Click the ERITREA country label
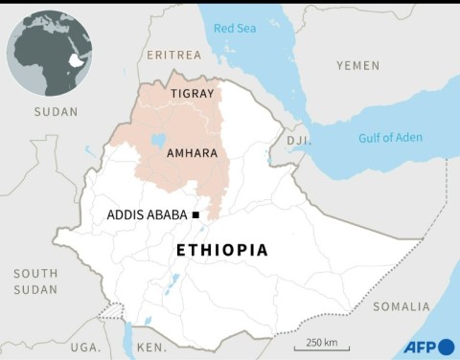click(x=174, y=55)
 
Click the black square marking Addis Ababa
click(x=195, y=215)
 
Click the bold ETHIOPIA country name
click(x=222, y=250)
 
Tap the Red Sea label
click(x=236, y=29)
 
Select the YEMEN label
click(x=357, y=65)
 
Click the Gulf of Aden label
click(x=390, y=138)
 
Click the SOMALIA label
click(x=402, y=306)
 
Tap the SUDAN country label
click(x=56, y=112)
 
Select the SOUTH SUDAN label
click(x=35, y=281)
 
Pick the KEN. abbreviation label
click(x=150, y=346)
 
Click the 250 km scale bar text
click(x=321, y=342)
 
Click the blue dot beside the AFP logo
click(x=446, y=347)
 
